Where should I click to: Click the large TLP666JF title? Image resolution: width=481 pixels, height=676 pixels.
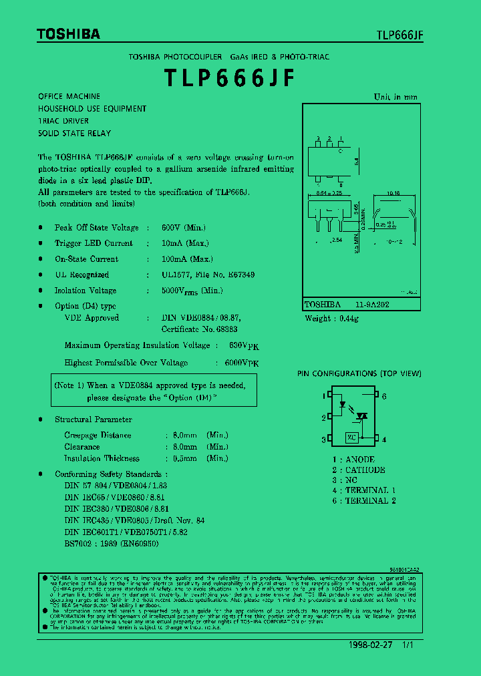click(x=229, y=78)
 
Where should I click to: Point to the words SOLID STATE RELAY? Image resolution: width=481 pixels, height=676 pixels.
click(x=74, y=133)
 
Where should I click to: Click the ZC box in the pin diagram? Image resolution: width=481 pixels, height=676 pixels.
click(x=352, y=438)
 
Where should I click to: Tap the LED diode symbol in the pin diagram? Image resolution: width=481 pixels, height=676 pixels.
click(x=343, y=403)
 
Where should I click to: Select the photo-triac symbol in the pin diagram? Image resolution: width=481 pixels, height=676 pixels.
click(x=362, y=415)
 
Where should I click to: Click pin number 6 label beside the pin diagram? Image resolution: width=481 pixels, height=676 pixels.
click(x=385, y=396)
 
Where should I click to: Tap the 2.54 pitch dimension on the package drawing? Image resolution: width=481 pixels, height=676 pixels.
click(x=337, y=239)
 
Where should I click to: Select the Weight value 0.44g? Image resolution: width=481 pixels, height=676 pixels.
click(x=346, y=319)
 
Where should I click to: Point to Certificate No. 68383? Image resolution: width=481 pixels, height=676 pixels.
click(x=199, y=329)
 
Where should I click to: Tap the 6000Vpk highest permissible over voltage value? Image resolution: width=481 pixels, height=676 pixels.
click(x=236, y=362)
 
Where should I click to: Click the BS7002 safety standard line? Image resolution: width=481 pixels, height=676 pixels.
click(x=112, y=543)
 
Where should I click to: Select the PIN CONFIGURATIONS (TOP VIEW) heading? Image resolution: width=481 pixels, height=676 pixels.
click(x=359, y=374)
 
